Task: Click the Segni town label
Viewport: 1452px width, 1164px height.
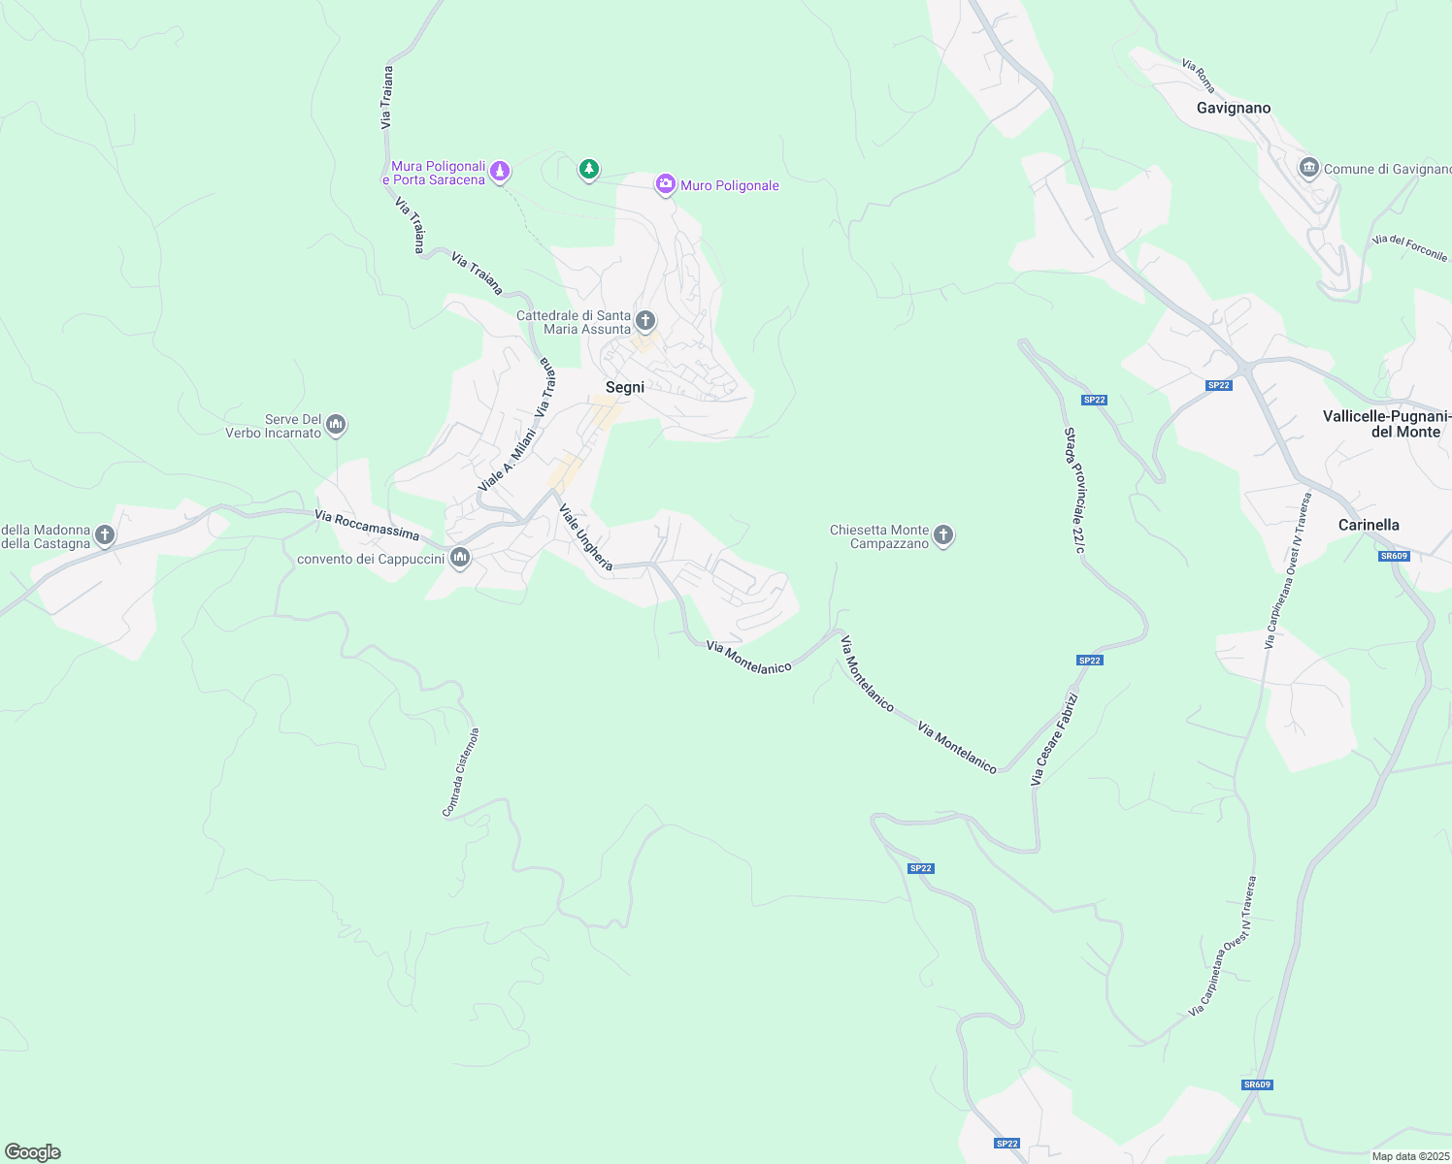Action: pyautogui.click(x=625, y=387)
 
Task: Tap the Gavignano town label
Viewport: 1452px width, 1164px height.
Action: pyautogui.click(x=1233, y=108)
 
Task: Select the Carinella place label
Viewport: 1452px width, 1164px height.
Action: pyautogui.click(x=1369, y=525)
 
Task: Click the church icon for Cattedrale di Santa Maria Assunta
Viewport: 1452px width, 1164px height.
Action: pyautogui.click(x=645, y=319)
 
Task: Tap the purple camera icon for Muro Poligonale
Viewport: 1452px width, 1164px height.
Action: pyautogui.click(x=665, y=183)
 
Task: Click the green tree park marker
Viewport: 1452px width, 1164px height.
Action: pyautogui.click(x=588, y=170)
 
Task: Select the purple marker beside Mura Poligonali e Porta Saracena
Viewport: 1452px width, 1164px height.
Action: pyautogui.click(x=499, y=172)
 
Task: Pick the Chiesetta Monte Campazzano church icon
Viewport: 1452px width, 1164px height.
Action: pyautogui.click(x=942, y=534)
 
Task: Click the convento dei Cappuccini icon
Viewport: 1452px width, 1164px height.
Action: pyautogui.click(x=460, y=557)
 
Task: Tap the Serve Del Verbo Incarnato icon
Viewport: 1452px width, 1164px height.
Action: pyautogui.click(x=336, y=424)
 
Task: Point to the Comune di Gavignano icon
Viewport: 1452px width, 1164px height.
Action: pyautogui.click(x=1308, y=168)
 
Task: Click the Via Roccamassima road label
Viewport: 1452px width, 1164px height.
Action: pyautogui.click(x=367, y=526)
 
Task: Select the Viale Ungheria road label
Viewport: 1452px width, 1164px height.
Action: pyautogui.click(x=585, y=536)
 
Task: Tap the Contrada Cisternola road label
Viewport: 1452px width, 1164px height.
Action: pyautogui.click(x=461, y=772)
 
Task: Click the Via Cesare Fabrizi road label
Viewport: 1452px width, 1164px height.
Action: pyautogui.click(x=1054, y=738)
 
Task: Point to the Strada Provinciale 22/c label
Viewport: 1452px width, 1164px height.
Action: pyautogui.click(x=1074, y=490)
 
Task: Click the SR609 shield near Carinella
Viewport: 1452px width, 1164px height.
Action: pyautogui.click(x=1394, y=556)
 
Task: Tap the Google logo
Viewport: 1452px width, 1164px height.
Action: pyautogui.click(x=33, y=1152)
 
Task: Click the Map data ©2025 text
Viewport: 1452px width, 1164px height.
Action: pyautogui.click(x=1409, y=1156)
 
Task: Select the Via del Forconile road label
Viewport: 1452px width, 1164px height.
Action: pyautogui.click(x=1409, y=247)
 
